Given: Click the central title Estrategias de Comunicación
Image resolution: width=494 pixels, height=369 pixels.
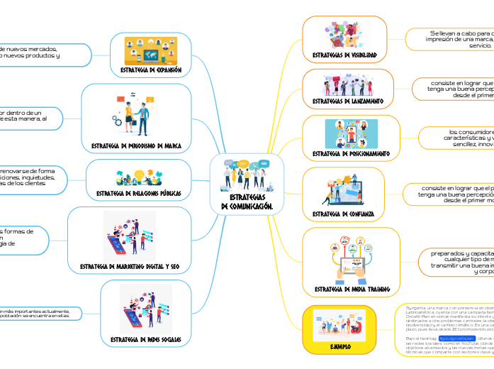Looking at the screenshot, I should tap(247, 201).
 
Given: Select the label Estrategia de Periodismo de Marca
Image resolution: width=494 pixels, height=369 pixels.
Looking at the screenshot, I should tap(136, 145).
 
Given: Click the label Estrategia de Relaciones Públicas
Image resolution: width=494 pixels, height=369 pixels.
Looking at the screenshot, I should tap(138, 193).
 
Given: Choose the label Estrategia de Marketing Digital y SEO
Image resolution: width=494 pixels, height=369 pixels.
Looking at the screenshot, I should tap(129, 266).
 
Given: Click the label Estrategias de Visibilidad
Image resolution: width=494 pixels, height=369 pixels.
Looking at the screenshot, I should tap(344, 54).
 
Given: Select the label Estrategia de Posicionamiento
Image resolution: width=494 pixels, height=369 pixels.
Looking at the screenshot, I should tap(351, 153).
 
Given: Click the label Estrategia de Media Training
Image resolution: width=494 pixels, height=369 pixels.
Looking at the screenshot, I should tap(352, 289).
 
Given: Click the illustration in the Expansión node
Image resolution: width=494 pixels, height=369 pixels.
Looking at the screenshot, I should tap(150, 50).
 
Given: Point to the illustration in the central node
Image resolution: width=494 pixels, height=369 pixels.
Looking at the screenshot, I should tap(247, 174).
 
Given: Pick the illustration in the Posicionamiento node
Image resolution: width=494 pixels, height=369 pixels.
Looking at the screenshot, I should tap(351, 132).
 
